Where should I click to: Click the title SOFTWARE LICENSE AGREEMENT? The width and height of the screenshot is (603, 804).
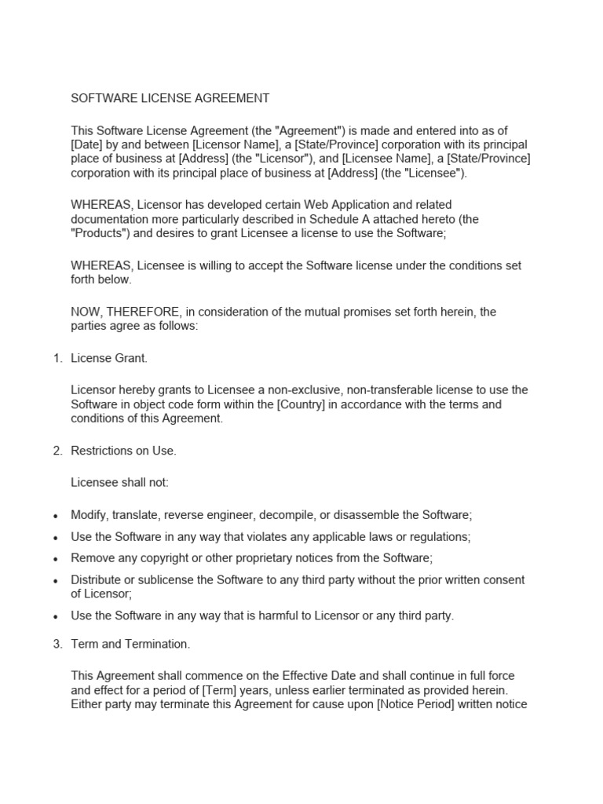point(170,98)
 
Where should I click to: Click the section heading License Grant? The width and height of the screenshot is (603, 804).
point(109,358)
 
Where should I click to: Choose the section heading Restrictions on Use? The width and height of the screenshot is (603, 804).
point(124,451)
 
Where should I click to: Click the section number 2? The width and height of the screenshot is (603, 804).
point(57,451)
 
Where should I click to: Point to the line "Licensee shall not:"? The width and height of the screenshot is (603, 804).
point(119,482)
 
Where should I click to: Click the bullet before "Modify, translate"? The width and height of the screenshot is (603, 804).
point(55,516)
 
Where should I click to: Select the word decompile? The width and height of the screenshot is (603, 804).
point(347,514)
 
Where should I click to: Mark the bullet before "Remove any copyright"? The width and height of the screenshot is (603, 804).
point(55,559)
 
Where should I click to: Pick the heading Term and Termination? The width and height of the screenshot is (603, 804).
point(130,644)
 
